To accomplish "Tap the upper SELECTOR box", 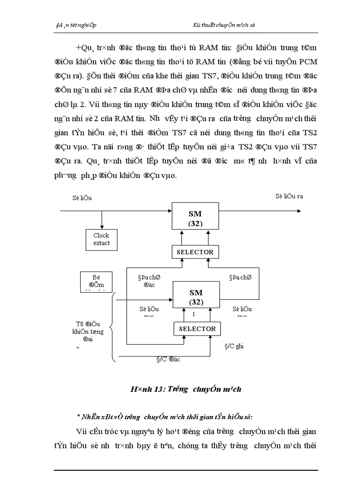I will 195,252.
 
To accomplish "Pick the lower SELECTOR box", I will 197,329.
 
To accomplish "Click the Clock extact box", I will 101,239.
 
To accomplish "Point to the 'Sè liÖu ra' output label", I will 289,196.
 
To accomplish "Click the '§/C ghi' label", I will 234,346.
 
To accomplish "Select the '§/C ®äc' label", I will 168,359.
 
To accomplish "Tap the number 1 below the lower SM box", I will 194,315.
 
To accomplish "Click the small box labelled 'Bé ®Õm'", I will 97,281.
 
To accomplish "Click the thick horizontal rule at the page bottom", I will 186,470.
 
